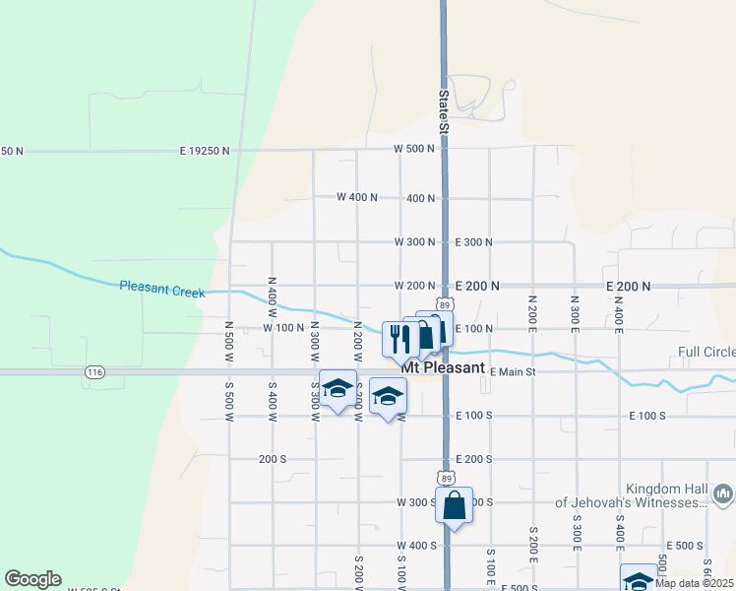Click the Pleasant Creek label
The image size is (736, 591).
click(161, 287)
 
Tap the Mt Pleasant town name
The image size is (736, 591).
click(443, 367)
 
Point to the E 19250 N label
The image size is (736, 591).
click(205, 152)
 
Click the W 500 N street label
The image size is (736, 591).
click(414, 149)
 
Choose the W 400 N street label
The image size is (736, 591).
click(357, 197)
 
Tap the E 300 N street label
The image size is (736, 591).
click(474, 241)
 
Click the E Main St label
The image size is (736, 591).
click(512, 371)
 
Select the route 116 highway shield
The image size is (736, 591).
click(94, 371)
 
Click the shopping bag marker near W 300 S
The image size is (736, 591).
click(454, 506)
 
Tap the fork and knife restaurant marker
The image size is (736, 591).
click(398, 339)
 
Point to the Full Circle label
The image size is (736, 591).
click(705, 353)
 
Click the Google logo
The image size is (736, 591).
click(32, 579)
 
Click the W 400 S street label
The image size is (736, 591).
click(416, 546)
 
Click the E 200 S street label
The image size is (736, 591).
click(474, 459)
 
